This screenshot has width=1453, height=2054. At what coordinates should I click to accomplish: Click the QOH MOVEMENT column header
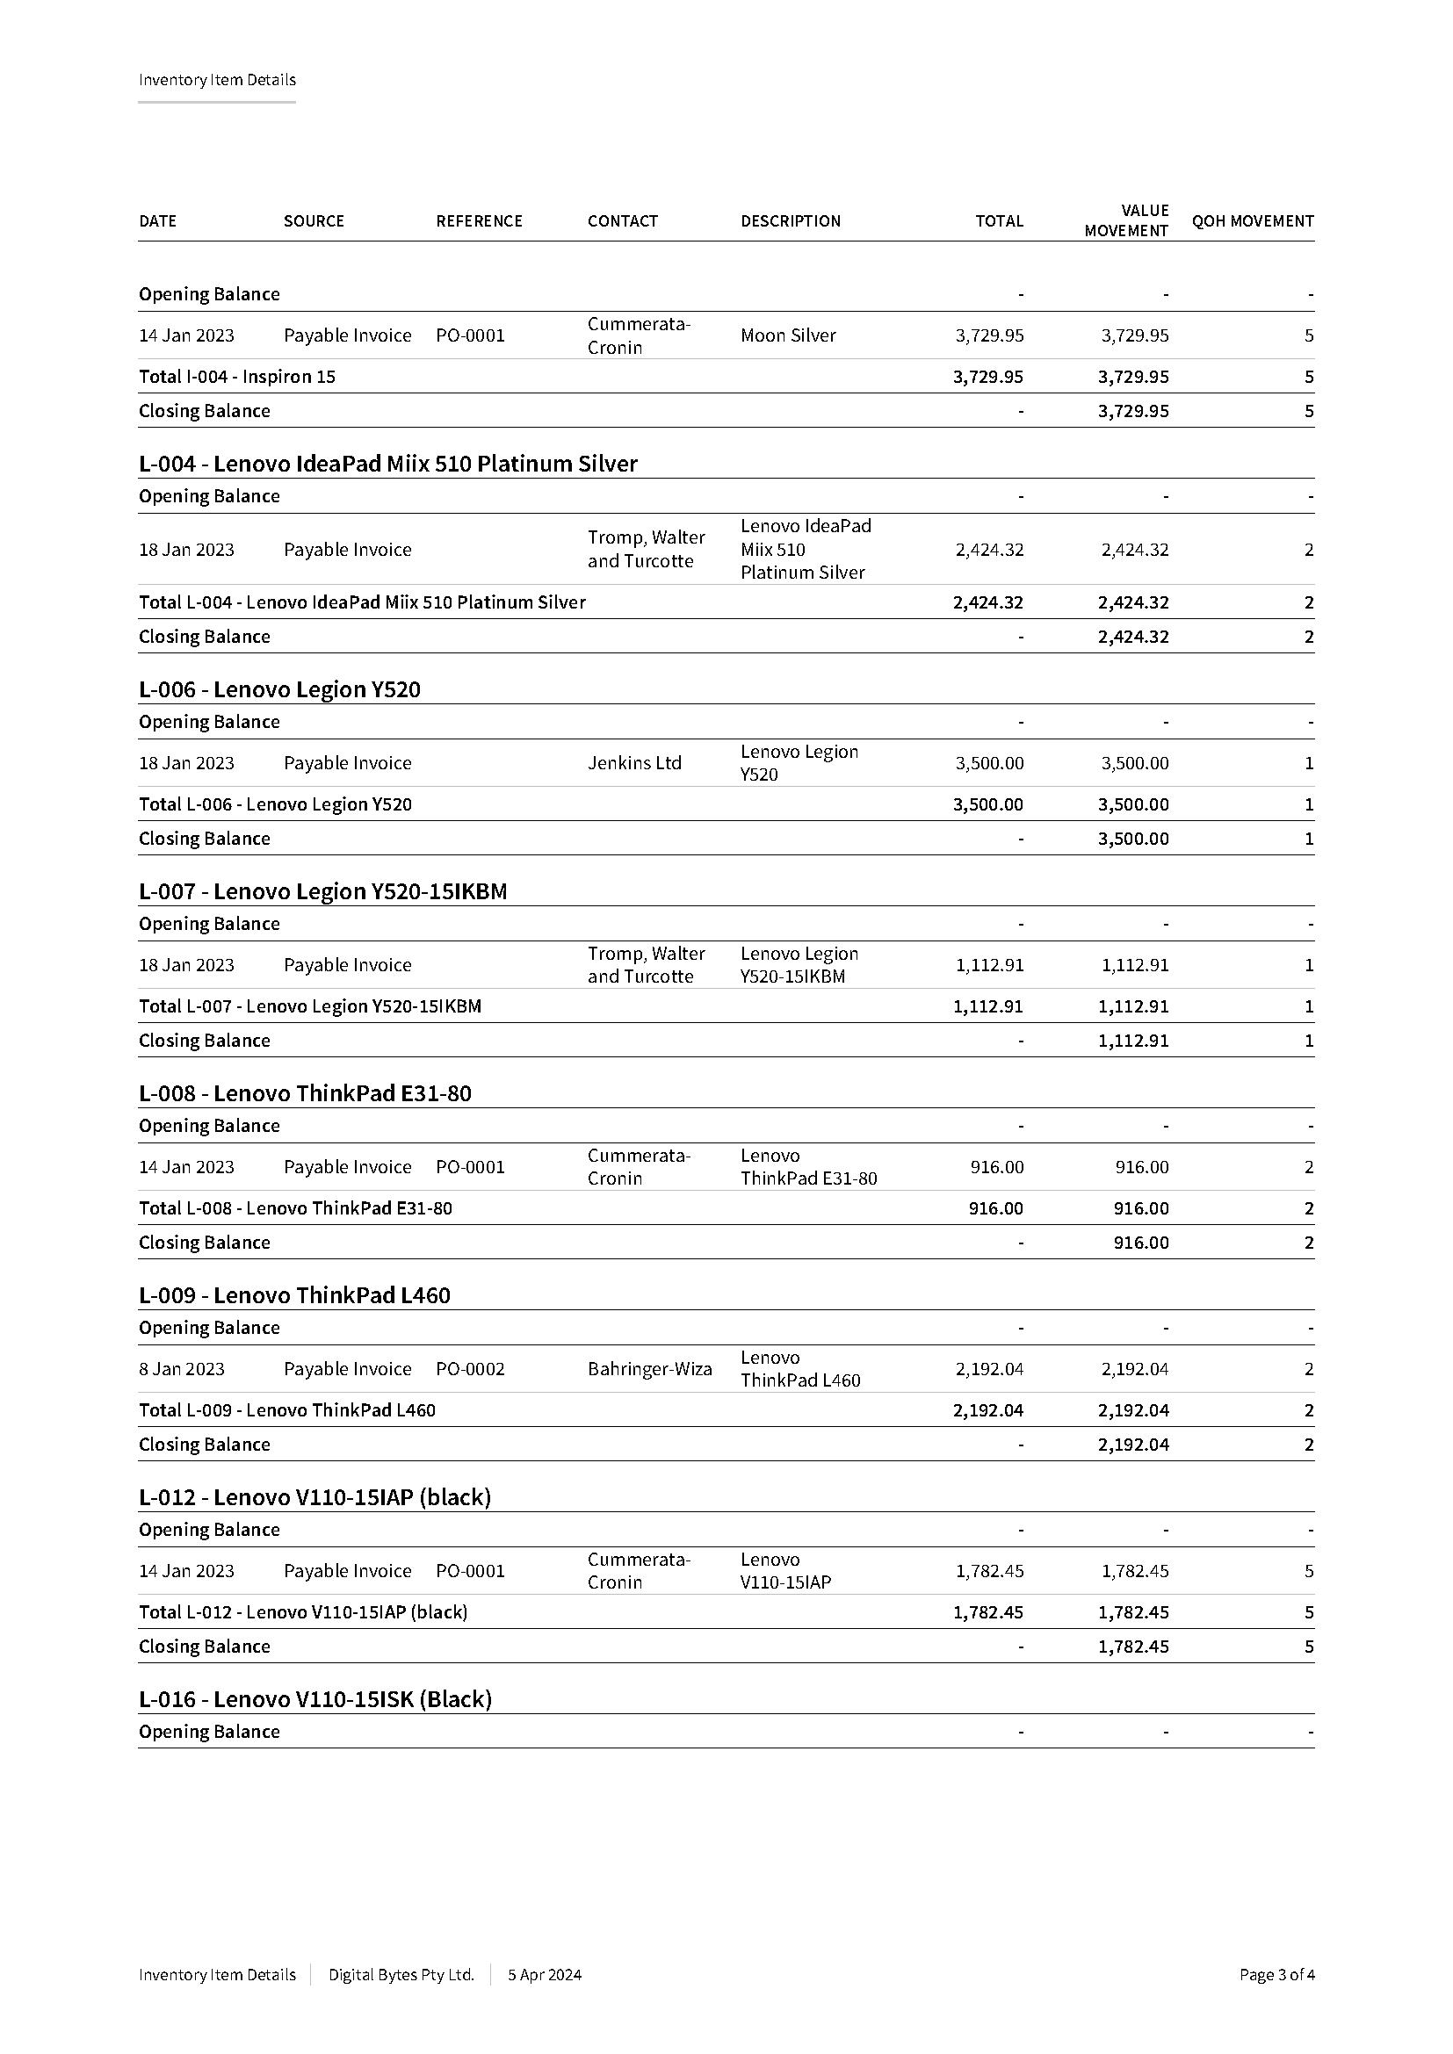point(1252,221)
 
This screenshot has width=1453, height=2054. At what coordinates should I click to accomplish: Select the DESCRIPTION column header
point(790,221)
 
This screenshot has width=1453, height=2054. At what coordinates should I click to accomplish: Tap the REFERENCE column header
point(479,221)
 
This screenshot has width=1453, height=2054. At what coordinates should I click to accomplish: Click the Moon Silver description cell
point(787,335)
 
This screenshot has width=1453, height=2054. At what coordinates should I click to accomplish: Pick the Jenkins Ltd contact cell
point(634,763)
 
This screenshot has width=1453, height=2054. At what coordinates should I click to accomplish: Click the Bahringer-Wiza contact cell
point(649,1369)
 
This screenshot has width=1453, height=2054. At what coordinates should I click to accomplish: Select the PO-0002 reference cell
point(470,1369)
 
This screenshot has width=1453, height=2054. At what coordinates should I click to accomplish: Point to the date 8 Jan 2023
point(182,1369)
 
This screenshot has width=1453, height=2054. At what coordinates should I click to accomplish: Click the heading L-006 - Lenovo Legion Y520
point(279,689)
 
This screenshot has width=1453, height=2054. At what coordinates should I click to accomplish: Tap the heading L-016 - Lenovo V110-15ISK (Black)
point(315,1699)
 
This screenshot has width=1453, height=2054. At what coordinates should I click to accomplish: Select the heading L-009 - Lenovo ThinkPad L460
point(294,1295)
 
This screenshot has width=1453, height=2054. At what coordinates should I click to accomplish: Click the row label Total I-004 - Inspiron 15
point(237,377)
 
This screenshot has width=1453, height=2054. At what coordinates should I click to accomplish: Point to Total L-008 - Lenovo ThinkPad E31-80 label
point(295,1208)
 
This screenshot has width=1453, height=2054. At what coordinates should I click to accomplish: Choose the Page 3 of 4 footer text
point(1276,1974)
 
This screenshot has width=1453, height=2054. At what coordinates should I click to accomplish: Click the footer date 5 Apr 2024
point(544,1974)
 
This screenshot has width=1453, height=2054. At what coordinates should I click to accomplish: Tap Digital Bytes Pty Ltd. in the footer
point(401,1974)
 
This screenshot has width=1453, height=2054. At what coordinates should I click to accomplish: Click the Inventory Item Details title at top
point(216,80)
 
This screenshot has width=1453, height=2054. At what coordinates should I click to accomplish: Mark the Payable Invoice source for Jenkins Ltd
point(347,763)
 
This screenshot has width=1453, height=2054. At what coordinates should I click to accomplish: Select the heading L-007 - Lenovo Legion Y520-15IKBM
point(323,892)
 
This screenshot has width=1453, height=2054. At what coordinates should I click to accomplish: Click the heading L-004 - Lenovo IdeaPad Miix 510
point(387,465)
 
